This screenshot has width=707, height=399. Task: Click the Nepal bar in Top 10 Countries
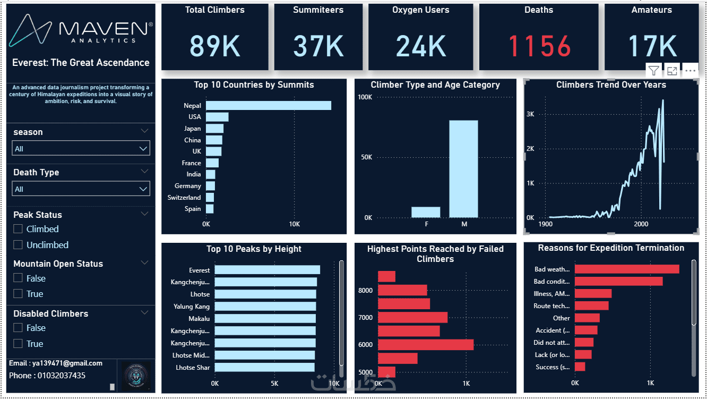(268, 106)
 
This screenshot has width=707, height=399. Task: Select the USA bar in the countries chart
(217, 117)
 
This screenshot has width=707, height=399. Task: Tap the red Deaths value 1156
(539, 46)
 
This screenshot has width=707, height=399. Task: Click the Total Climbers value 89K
(215, 46)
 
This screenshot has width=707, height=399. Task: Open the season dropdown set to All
(81, 149)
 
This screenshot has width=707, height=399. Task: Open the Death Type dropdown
(81, 189)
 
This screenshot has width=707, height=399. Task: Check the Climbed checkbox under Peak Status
(18, 229)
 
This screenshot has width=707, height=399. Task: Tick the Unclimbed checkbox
(18, 245)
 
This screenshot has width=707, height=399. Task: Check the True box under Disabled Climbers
(18, 344)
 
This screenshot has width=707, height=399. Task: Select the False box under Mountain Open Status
(18, 278)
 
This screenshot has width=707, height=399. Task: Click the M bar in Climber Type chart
(463, 169)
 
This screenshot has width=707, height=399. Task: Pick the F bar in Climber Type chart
(426, 212)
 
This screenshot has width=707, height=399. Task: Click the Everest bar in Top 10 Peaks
(267, 270)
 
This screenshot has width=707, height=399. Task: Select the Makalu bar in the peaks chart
(265, 319)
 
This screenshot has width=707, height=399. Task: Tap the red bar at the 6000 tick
(425, 345)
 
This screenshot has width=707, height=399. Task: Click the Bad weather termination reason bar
(626, 269)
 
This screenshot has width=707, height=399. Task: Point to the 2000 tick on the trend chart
(641, 224)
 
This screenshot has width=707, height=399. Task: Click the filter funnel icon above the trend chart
(653, 71)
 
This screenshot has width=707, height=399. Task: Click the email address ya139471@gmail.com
(56, 363)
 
